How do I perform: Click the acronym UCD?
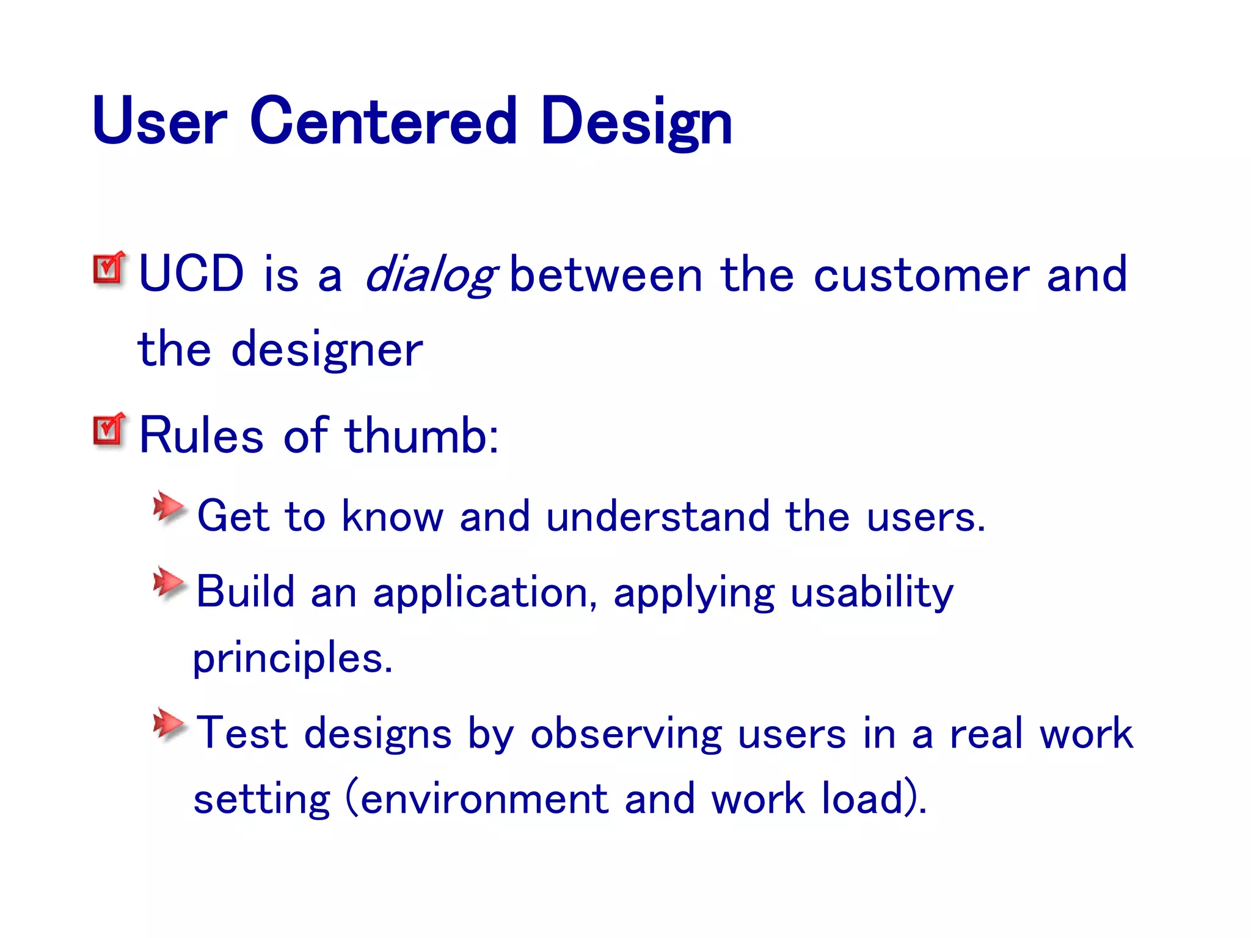(191, 274)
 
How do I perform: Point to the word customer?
(922, 275)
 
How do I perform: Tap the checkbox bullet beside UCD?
(109, 268)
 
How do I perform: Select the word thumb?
(421, 435)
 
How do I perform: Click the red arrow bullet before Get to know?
(168, 506)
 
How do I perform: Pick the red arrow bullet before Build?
(168, 582)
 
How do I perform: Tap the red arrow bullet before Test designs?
(168, 724)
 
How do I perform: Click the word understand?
(657, 516)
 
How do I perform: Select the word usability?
(872, 592)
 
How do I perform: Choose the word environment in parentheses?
(484, 799)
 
